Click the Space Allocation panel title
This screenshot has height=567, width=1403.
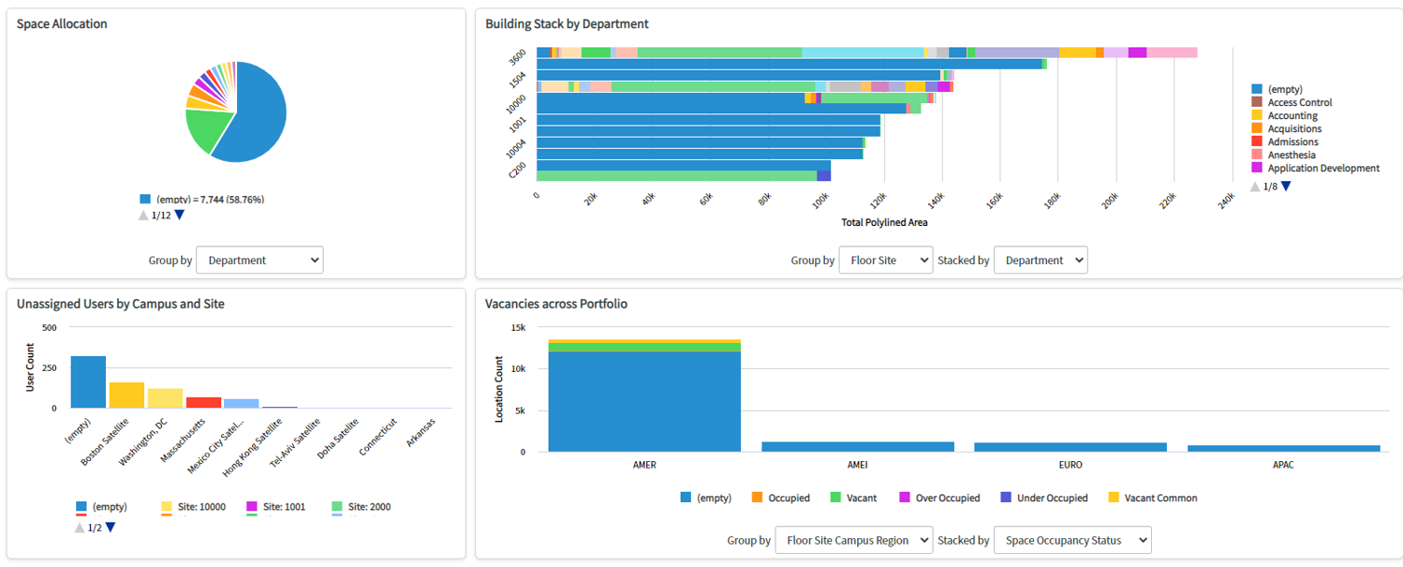(x=61, y=24)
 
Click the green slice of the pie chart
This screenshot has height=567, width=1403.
(x=203, y=130)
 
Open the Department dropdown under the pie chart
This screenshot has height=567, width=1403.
(x=259, y=260)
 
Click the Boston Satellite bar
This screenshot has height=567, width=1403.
(x=126, y=395)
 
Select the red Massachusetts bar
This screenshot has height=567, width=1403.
(x=204, y=402)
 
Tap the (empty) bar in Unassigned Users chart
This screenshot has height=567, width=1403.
(x=88, y=382)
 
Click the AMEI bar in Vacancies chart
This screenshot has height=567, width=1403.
(x=857, y=446)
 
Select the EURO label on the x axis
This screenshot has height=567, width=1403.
(x=1070, y=465)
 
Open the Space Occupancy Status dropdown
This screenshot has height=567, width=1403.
(x=1072, y=540)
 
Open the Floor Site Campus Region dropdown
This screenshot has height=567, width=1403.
(x=854, y=540)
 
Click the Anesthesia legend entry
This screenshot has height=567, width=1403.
(x=1290, y=155)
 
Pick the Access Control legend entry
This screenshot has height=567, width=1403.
(x=1299, y=102)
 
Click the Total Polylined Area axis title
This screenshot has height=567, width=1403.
(x=884, y=222)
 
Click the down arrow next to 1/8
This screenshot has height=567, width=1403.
(x=1286, y=186)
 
